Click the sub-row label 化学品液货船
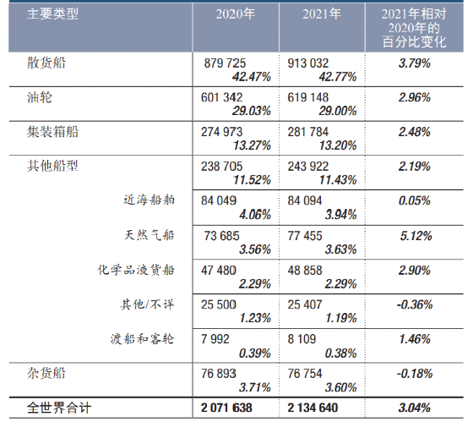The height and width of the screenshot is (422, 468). point(137,270)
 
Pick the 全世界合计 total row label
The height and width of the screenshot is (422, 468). point(59,408)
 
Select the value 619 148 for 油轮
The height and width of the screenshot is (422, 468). point(313,98)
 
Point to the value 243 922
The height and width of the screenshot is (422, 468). point(313,167)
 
